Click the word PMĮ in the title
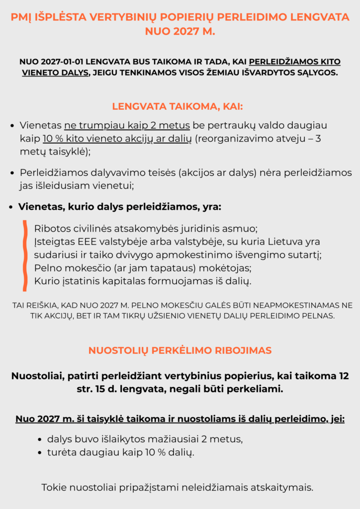[x=22, y=17]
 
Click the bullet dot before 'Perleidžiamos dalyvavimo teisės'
[x=13, y=173]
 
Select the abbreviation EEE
[x=84, y=242]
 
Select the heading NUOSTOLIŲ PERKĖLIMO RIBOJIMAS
[x=180, y=350]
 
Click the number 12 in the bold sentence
[x=343, y=376]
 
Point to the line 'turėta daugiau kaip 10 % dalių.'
[x=120, y=452]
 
